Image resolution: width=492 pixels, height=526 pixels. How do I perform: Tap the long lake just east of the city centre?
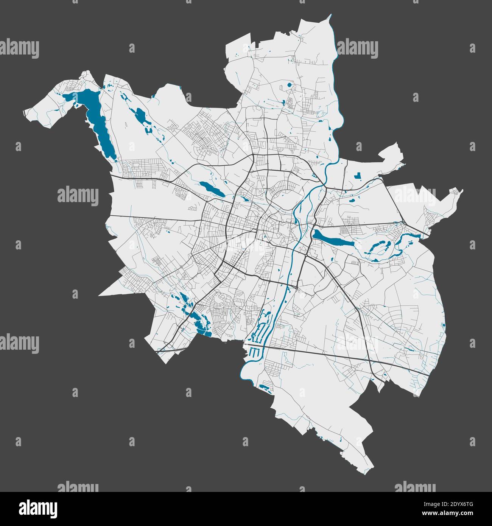click(333, 239)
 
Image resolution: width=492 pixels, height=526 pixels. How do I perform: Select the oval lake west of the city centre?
click(211, 188)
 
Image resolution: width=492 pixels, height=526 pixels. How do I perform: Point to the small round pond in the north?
click(290, 85)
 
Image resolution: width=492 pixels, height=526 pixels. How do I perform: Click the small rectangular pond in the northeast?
click(357, 175)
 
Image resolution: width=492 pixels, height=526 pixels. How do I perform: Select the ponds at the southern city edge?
click(265, 387)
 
